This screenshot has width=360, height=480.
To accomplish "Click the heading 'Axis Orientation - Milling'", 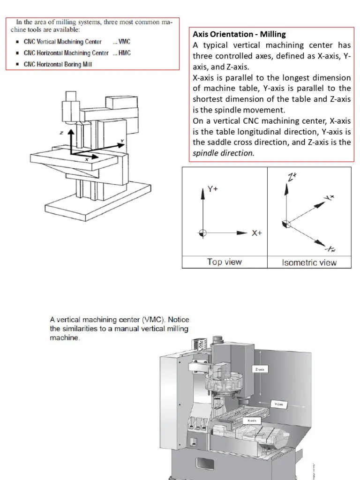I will click(x=239, y=34).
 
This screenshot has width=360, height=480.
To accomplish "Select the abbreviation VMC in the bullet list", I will click(x=124, y=42).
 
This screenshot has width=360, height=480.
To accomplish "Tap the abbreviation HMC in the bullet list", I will click(x=124, y=53).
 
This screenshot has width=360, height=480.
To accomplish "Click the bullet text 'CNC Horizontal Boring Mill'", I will click(x=58, y=64).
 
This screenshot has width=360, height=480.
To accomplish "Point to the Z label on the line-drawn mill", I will click(x=61, y=133).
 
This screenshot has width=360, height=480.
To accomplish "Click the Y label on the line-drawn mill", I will click(x=122, y=140).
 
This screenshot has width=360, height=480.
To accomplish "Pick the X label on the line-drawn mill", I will click(x=87, y=159).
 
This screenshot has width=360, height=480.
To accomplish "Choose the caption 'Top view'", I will click(x=224, y=262).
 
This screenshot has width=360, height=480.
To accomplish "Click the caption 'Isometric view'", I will click(x=309, y=262).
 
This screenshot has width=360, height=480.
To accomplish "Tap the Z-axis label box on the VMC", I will click(x=261, y=369).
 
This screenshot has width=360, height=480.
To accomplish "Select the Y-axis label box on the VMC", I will click(x=279, y=404).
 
